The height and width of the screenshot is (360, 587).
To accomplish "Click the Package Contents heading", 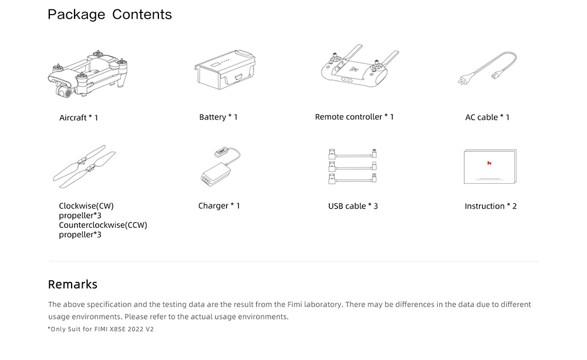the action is click(110, 15).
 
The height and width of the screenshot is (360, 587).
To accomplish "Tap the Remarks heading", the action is click(73, 284).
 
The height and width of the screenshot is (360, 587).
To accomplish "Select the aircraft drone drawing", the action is click(88, 74).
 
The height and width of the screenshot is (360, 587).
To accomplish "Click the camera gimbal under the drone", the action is click(63, 90).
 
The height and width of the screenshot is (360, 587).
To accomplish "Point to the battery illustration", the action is click(225, 70).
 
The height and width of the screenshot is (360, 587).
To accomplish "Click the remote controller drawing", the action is click(360, 66).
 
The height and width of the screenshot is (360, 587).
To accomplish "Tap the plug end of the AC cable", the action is click(464, 79).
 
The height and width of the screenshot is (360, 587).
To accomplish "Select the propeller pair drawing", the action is click(84, 166).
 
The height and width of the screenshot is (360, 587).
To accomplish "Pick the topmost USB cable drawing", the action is click(352, 154).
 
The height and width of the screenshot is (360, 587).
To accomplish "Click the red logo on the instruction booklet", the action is click(490, 163).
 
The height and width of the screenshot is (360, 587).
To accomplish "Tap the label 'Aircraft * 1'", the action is click(79, 117).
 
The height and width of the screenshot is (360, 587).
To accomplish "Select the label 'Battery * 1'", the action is click(218, 117).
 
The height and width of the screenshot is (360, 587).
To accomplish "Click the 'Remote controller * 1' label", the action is click(354, 117).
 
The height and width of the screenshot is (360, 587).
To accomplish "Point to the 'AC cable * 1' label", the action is click(487, 117).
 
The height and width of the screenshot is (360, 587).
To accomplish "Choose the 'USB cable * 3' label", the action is click(353, 206).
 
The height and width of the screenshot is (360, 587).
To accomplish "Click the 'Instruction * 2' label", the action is click(490, 206).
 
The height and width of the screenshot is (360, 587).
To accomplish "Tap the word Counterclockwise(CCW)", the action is click(103, 225).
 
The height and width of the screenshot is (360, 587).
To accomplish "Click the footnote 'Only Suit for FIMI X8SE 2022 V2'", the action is click(101, 329).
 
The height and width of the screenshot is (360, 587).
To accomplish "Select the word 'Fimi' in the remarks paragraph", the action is click(295, 304).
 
